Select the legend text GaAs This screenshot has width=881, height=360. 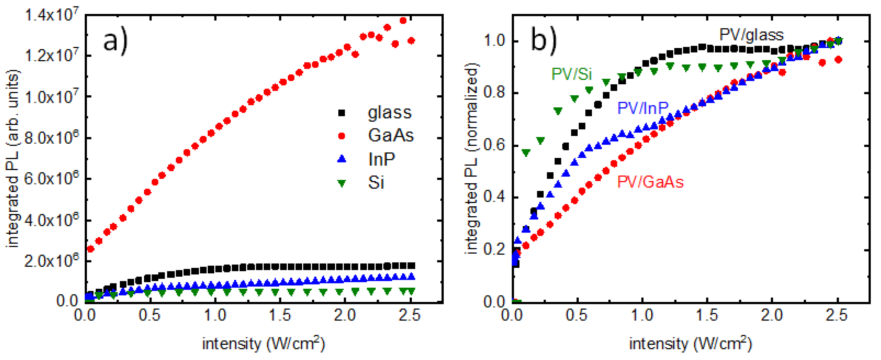[391, 135]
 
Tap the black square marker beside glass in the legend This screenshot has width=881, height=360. [341, 113]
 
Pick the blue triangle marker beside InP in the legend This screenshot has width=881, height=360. [341, 159]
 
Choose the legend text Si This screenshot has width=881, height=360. [376, 183]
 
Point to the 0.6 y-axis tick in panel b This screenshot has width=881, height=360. [495, 146]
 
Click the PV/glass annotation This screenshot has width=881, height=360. [751, 35]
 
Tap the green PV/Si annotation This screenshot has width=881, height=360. [572, 74]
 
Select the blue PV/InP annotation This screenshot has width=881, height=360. [642, 108]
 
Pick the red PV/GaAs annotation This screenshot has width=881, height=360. [650, 182]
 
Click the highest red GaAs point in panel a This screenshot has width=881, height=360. [403, 20]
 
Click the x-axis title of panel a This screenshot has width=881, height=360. [263, 343]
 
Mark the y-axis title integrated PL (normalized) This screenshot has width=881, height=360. [472, 159]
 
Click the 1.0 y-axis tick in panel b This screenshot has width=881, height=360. [495, 41]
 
